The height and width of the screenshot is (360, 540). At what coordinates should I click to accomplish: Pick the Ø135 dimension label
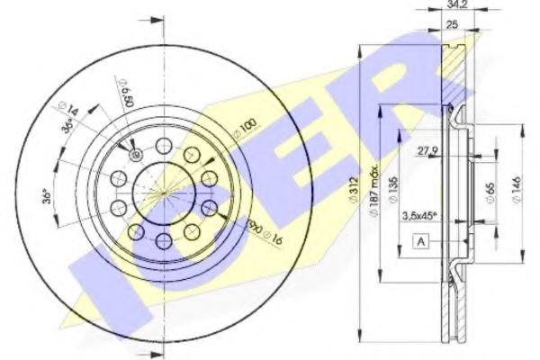392,190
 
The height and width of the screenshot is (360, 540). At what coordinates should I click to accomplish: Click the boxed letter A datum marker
421,240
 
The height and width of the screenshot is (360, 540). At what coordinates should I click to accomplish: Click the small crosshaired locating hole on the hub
136,156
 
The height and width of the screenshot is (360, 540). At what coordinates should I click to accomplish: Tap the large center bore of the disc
163,192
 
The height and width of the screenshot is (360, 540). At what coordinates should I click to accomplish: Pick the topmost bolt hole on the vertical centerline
163,145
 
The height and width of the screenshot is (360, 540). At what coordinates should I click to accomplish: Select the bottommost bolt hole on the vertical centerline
163,240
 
